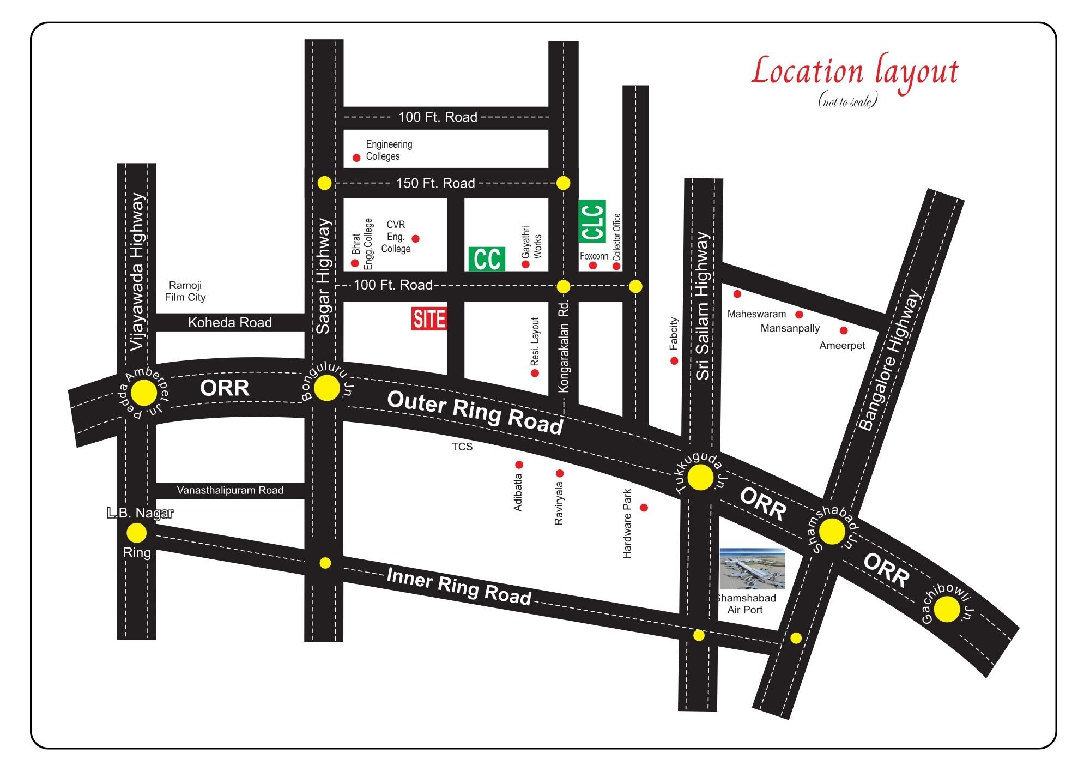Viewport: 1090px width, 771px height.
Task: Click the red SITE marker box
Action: [x=429, y=318]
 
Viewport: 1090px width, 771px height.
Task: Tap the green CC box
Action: [x=486, y=259]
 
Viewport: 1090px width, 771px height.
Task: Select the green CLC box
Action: [x=592, y=221]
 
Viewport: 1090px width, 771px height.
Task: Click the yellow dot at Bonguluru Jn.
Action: [x=327, y=388]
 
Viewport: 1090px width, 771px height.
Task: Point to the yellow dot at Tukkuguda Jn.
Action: [x=700, y=478]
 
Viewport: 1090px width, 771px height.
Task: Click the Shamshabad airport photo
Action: [x=753, y=569]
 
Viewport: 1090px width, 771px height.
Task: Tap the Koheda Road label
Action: [x=229, y=322]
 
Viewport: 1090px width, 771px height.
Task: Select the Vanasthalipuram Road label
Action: [x=230, y=490]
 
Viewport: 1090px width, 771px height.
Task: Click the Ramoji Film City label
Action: [x=185, y=291]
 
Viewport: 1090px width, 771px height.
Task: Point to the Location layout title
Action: [x=855, y=73]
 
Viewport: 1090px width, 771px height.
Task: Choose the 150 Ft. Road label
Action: [x=435, y=183]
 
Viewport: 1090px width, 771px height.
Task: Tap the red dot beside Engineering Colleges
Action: [x=356, y=158]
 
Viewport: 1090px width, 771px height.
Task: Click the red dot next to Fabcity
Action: [x=674, y=360]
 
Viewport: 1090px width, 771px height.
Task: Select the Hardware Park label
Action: [x=627, y=523]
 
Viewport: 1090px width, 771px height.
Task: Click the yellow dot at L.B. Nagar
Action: [x=137, y=533]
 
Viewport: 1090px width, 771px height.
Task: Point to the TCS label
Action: [x=462, y=447]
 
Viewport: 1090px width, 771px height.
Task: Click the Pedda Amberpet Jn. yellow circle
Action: [x=144, y=393]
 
